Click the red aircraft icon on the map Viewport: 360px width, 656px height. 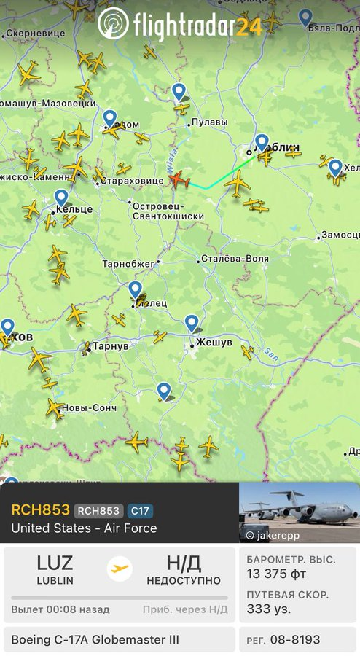tap(179, 179)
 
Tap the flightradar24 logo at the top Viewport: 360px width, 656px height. tap(180, 25)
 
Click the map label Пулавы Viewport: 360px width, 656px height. tap(209, 122)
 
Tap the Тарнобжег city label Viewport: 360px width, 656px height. tap(128, 262)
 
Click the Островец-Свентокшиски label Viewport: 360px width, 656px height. tap(168, 211)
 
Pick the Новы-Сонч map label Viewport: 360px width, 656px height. tap(89, 407)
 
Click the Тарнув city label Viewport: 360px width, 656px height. tap(109, 346)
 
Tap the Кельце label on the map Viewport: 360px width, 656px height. tap(74, 210)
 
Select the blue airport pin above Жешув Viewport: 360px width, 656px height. tap(191, 322)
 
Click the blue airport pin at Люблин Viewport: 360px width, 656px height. tap(262, 141)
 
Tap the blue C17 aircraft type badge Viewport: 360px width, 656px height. tap(140, 511)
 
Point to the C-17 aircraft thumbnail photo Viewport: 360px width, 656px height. tap(299, 512)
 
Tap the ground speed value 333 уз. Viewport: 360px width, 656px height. tap(268, 609)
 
